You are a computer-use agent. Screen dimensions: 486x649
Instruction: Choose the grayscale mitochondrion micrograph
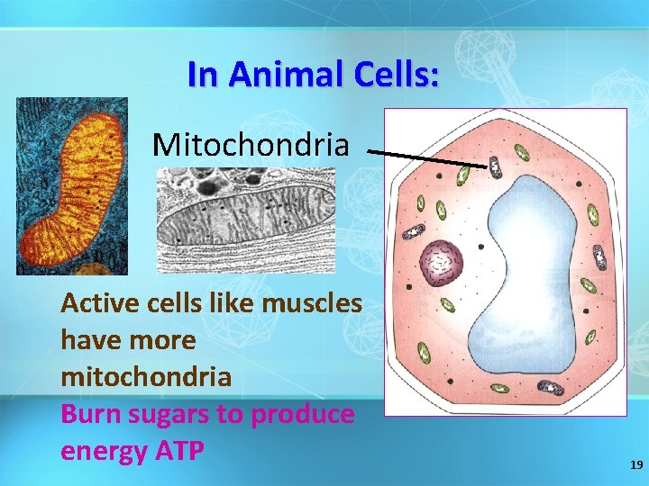(x=245, y=220)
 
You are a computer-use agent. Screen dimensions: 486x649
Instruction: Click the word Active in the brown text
(x=96, y=303)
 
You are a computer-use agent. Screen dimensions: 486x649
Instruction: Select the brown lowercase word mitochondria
(x=145, y=376)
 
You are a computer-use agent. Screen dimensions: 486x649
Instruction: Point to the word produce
(x=305, y=414)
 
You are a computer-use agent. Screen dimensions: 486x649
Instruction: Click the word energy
(x=100, y=450)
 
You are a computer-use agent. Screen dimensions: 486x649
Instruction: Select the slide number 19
(x=635, y=465)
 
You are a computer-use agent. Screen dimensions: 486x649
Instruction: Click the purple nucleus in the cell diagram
(x=443, y=263)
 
